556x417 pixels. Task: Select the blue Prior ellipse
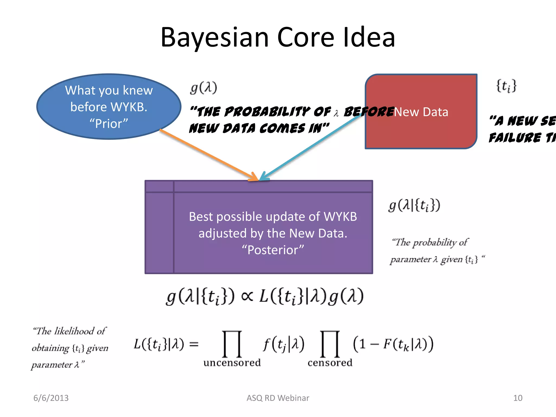109,106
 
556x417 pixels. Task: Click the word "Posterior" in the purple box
273,250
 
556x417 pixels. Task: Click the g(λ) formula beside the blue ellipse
204,87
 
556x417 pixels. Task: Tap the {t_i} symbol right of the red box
506,86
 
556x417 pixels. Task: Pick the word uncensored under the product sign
232,363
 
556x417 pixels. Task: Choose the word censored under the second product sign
330,363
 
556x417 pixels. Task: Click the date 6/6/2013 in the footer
51,398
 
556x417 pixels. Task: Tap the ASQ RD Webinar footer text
278,398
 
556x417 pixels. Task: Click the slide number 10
518,398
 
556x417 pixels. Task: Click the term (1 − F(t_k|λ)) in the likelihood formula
393,344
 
